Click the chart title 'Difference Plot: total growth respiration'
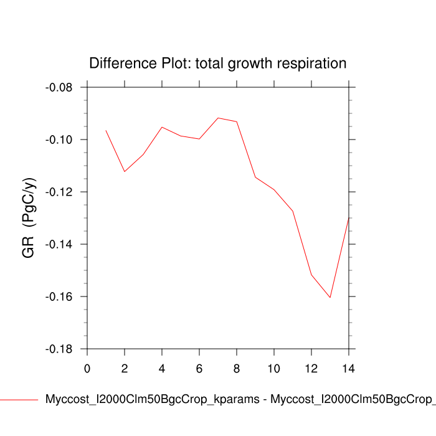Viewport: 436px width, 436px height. (x=218, y=64)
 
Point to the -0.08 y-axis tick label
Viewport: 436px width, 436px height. (x=59, y=87)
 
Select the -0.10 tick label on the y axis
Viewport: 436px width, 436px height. (x=59, y=140)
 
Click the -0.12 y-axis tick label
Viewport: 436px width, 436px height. (x=59, y=192)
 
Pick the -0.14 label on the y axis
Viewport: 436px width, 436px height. (x=59, y=244)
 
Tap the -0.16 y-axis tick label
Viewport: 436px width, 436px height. (x=59, y=296)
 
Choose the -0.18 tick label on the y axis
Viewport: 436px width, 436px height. (x=59, y=349)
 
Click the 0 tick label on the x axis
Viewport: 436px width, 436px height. (x=87, y=368)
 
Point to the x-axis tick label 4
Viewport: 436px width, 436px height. (x=162, y=368)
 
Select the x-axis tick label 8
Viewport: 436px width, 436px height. (x=237, y=368)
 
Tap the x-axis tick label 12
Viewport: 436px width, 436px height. (x=311, y=368)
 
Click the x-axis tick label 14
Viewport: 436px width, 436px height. (x=349, y=368)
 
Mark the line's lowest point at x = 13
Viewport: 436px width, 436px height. (x=330, y=298)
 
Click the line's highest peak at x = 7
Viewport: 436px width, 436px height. (x=218, y=118)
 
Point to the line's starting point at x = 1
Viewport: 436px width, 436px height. (x=106, y=130)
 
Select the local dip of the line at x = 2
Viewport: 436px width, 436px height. (x=125, y=171)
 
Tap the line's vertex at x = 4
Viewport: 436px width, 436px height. (x=162, y=127)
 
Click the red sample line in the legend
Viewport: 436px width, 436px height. (x=19, y=399)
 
